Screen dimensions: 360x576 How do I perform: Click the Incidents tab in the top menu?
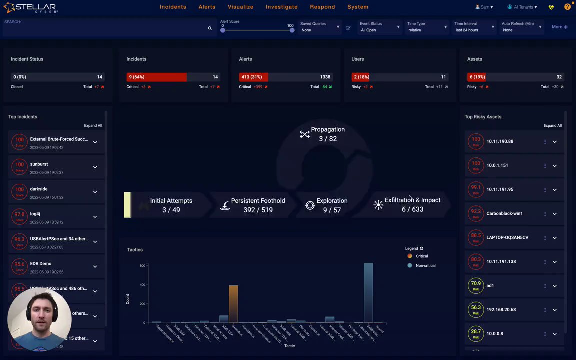point(173,7)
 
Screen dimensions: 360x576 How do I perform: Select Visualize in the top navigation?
point(240,7)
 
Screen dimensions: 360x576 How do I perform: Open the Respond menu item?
point(322,7)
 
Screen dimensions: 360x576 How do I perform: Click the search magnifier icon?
point(210,28)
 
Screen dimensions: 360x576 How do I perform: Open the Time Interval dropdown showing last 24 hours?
point(473,30)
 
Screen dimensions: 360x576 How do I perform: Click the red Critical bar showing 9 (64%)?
point(156,77)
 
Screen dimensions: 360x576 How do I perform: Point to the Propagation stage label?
point(327,129)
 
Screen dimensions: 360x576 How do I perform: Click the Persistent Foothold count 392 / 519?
point(258,210)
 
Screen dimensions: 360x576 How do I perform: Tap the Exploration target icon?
point(310,206)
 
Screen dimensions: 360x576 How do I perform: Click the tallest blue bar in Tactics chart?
point(368,292)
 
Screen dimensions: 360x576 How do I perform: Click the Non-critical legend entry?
point(425,265)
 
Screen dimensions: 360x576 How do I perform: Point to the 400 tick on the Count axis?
point(142,285)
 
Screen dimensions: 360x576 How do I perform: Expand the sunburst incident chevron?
point(95,167)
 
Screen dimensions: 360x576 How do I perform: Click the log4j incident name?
point(35,214)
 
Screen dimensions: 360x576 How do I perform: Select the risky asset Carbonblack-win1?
point(504,213)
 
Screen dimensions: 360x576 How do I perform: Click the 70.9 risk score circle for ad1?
point(476,285)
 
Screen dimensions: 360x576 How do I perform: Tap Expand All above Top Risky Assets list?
point(552,125)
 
